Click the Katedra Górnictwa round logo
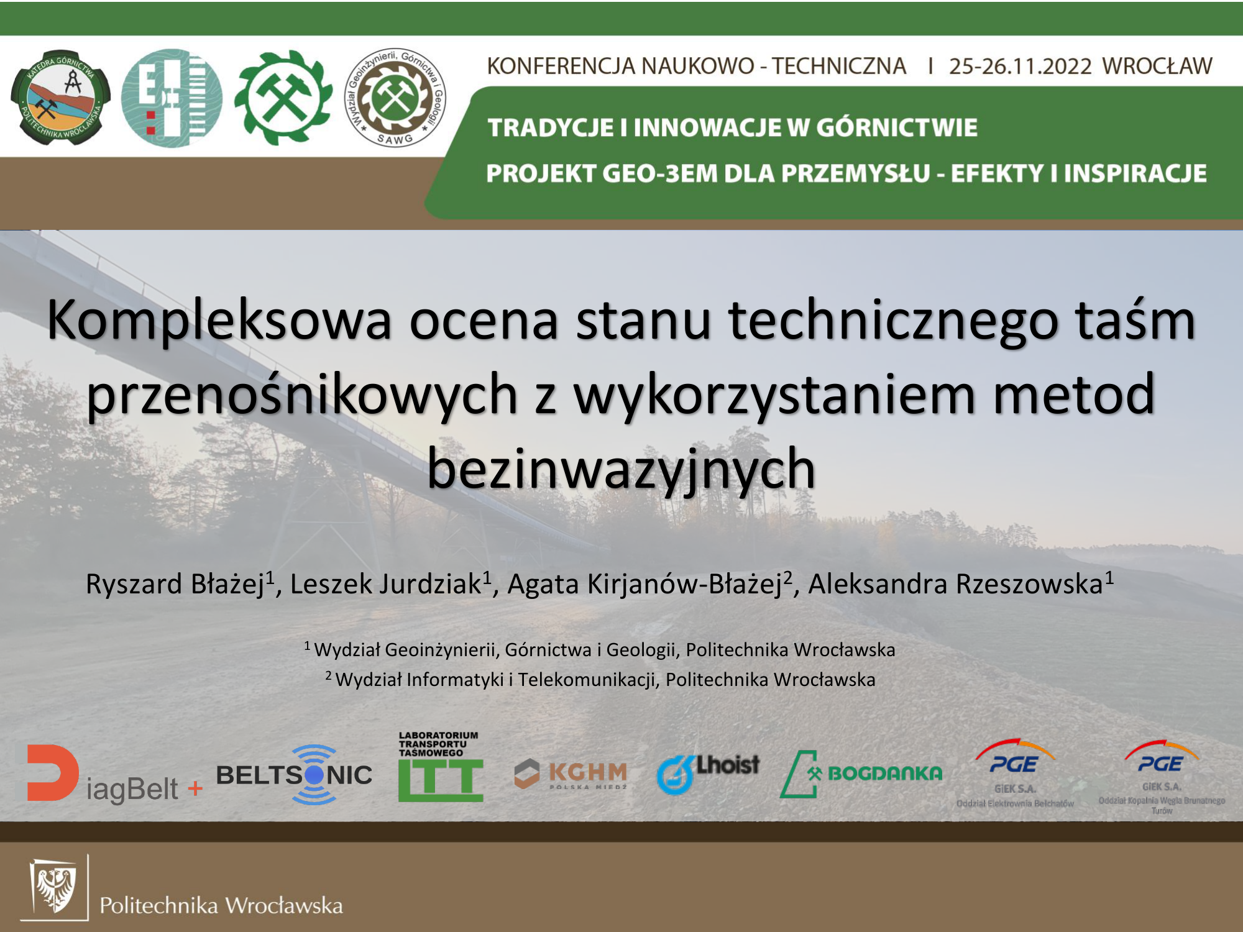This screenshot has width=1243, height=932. pyautogui.click(x=60, y=98)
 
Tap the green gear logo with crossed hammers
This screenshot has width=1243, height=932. pyautogui.click(x=283, y=98)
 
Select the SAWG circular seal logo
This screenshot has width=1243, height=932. pyautogui.click(x=395, y=98)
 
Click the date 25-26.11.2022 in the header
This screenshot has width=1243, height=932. pyautogui.click(x=1020, y=66)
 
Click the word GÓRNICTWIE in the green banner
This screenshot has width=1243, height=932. pyautogui.click(x=896, y=127)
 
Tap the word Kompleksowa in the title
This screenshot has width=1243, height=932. pyautogui.click(x=219, y=321)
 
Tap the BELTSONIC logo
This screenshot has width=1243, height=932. pyautogui.click(x=294, y=775)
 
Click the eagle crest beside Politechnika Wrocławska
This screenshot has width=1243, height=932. pyautogui.click(x=54, y=888)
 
